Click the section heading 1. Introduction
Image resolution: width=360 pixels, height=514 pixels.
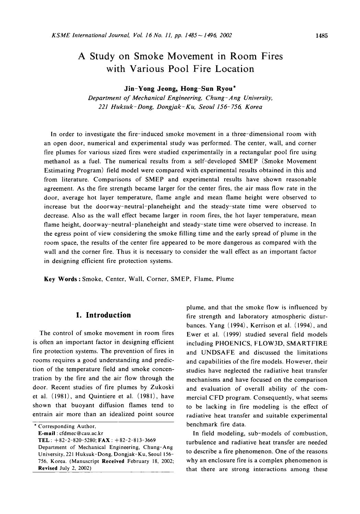[x=103, y=315]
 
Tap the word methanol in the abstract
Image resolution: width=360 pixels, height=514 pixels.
[x=57, y=161]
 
